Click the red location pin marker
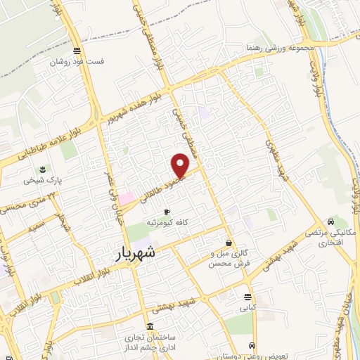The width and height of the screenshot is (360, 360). point(181,166)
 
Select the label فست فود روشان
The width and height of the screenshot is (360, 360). point(77,61)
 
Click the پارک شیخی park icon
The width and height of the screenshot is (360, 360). point(43,170)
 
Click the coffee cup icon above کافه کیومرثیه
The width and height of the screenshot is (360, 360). point(167,212)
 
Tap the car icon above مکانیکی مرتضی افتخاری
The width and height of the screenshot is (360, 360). point(330,219)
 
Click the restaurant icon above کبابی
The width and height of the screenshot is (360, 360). point(247,296)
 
